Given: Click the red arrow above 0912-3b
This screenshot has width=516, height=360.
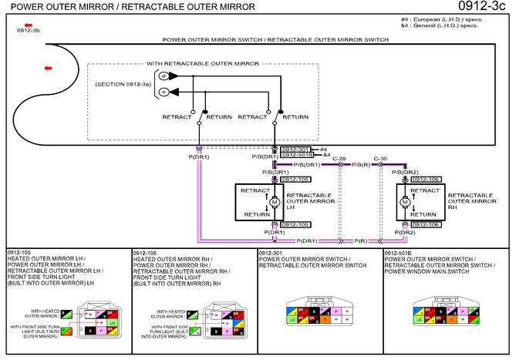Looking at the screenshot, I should [x=28, y=25].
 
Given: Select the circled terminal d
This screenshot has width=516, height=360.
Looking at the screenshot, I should [x=163, y=76].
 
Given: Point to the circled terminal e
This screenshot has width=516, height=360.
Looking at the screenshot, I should [x=163, y=92].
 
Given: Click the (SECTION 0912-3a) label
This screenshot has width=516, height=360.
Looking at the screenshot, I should [x=123, y=83].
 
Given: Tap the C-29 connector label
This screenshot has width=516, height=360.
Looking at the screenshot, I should [x=339, y=158].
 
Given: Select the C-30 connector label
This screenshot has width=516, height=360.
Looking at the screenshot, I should [x=380, y=158].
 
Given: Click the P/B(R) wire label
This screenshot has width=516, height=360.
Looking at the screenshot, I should [x=362, y=165].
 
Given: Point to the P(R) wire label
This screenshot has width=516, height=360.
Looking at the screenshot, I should [x=361, y=241].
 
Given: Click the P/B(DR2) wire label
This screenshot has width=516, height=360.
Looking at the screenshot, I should [x=406, y=172].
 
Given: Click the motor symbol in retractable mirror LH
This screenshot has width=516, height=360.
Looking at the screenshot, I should [x=274, y=203].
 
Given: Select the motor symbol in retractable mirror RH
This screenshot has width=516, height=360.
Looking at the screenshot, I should [x=404, y=203].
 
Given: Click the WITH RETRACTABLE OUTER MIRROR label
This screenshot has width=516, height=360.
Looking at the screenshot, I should [x=202, y=63].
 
